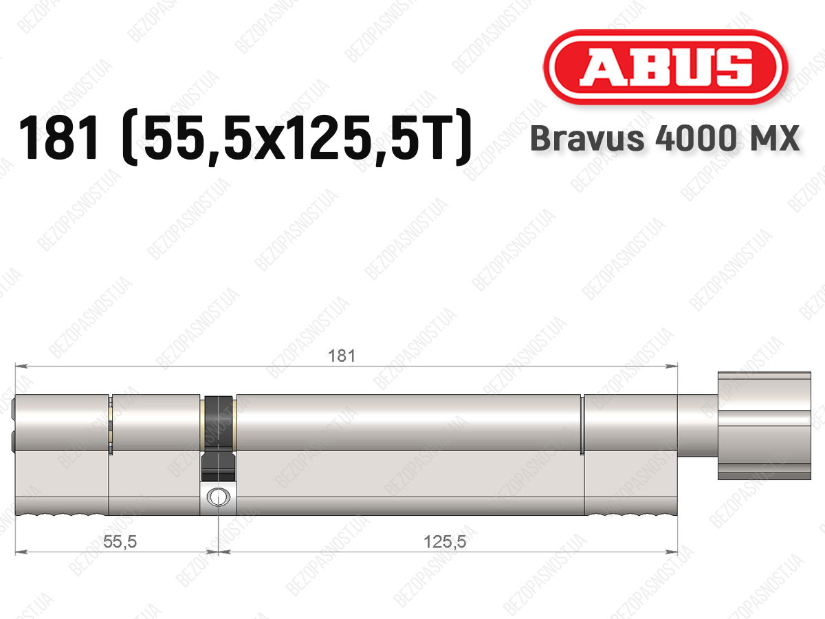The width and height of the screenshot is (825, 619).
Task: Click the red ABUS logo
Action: click(665, 67)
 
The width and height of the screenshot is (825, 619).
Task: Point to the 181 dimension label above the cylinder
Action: click(341, 356)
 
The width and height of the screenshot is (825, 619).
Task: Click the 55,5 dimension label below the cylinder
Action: click(120, 541)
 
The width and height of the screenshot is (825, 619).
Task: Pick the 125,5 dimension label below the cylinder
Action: click(445, 541)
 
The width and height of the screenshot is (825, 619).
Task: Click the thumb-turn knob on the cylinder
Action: click(764, 426)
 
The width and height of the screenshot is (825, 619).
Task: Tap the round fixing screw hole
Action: click(218, 497)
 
